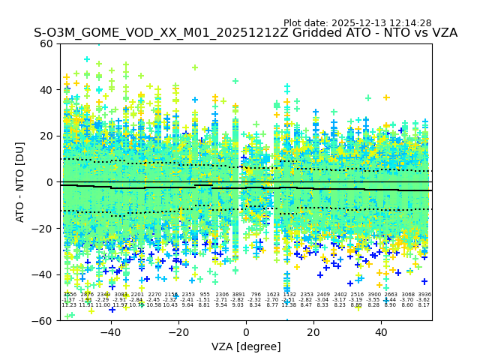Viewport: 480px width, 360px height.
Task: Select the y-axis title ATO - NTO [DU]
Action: [x=21, y=181]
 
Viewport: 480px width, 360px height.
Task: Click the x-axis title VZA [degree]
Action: [x=246, y=346]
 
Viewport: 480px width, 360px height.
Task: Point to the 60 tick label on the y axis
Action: [x=47, y=43]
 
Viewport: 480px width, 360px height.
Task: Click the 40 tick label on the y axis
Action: [x=47, y=90]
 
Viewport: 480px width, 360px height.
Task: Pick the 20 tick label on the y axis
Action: [x=47, y=136]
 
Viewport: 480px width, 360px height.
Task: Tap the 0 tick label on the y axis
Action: [x=50, y=182]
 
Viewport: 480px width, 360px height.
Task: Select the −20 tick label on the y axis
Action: [x=44, y=228]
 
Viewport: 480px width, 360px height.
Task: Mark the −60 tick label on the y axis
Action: [x=44, y=320]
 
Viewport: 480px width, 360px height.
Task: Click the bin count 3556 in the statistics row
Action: [x=69, y=295]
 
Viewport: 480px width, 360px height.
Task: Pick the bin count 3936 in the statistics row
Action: [x=424, y=295]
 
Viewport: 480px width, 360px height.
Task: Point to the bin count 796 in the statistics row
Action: [x=256, y=295]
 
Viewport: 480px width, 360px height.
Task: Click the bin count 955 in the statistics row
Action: [x=205, y=295]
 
